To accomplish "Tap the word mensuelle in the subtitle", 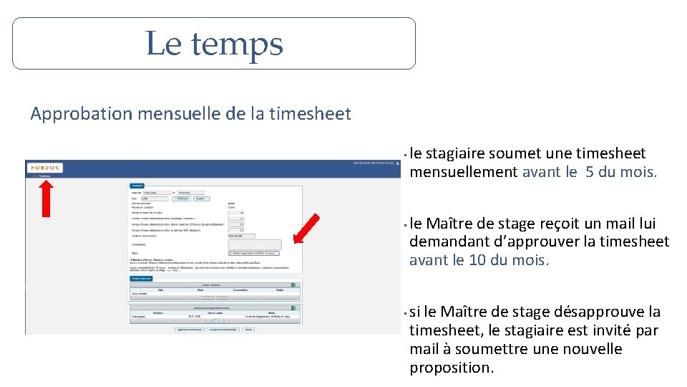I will click(x=170, y=114).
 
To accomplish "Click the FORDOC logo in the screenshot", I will click(x=45, y=168).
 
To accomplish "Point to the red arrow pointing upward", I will click(x=46, y=198).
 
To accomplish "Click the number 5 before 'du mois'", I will click(x=590, y=172).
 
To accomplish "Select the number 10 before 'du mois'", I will click(x=477, y=259).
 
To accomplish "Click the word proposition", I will click(x=451, y=368).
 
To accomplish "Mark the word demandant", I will click(x=445, y=242).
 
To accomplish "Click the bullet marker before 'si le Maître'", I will click(x=406, y=312).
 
